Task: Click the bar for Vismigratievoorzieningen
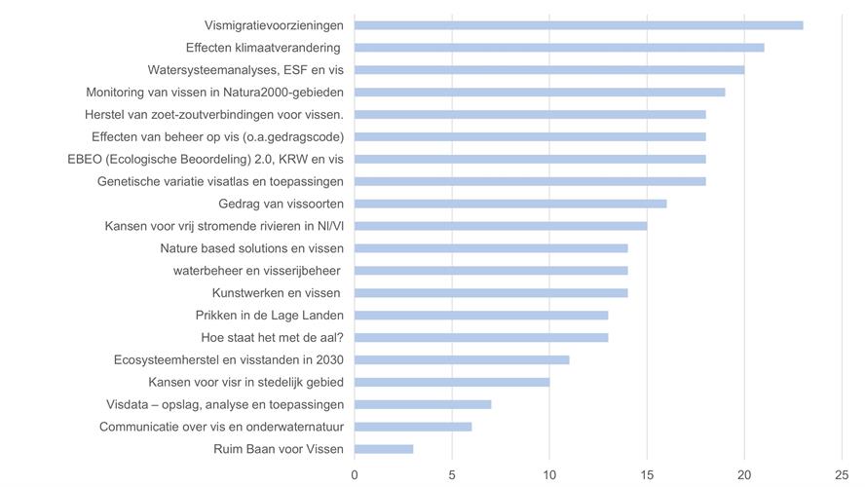click(579, 24)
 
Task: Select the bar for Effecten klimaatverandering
click(559, 47)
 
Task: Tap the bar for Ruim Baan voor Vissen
click(384, 449)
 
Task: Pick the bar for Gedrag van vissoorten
click(510, 204)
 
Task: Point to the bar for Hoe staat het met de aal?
click(481, 337)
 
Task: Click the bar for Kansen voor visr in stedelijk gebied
click(452, 382)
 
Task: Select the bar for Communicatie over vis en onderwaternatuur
click(413, 427)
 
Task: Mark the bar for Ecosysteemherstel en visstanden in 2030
click(462, 359)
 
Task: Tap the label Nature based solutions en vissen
click(252, 248)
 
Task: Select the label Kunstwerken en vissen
click(277, 293)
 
